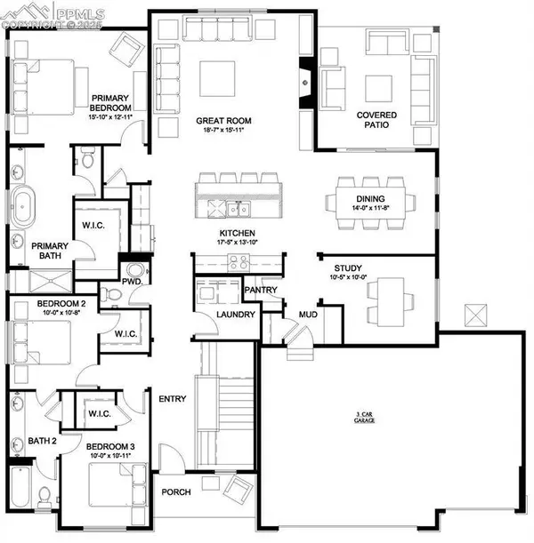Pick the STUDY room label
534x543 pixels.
[348, 268]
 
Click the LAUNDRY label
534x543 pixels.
[237, 315]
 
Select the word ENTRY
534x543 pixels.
[173, 399]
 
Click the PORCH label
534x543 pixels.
[176, 493]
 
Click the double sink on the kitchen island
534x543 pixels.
[237, 209]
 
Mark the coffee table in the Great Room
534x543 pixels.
[216, 77]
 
